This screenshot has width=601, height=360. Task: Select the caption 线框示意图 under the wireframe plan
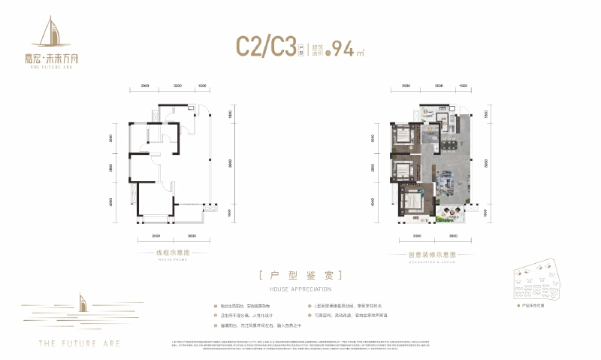point(174,253)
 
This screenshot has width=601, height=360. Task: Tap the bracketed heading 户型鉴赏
point(300,275)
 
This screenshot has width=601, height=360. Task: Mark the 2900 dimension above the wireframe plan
point(145,86)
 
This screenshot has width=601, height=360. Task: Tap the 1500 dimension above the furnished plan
point(463,86)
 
